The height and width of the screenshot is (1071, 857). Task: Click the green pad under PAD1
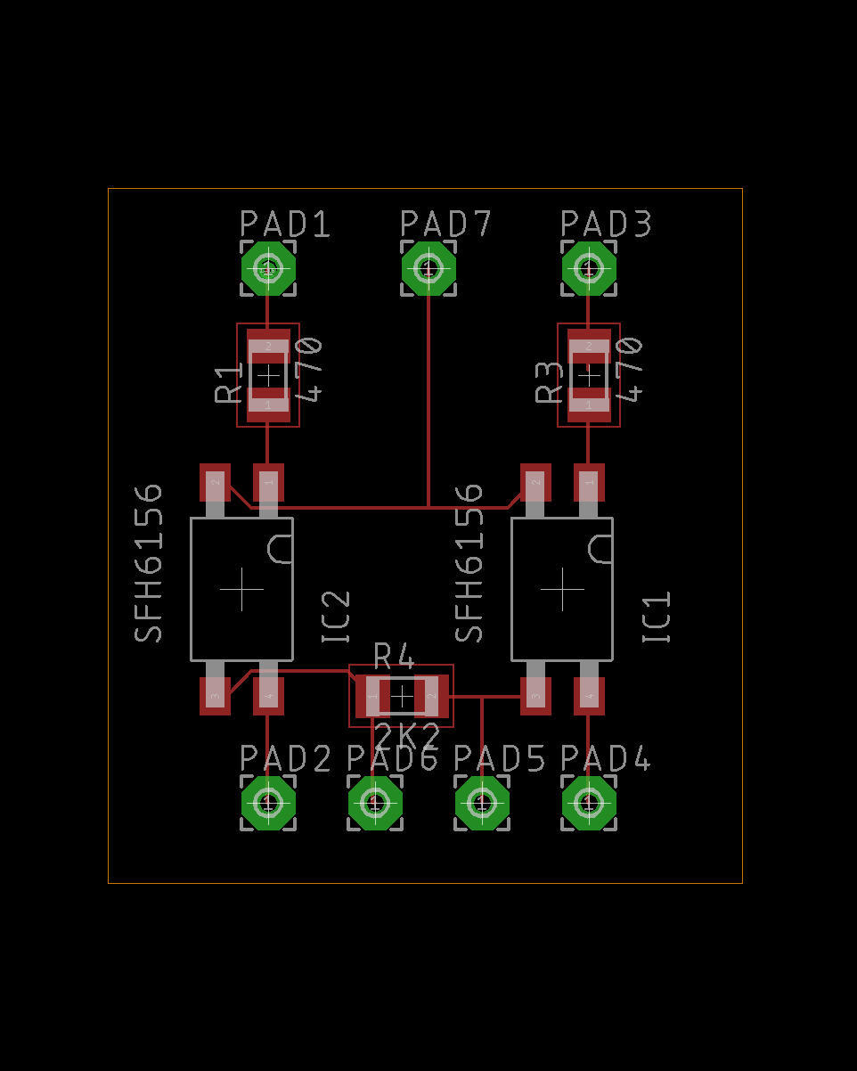tap(268, 268)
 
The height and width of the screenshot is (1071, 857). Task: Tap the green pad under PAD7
tap(428, 268)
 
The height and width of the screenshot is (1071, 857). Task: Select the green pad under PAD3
tap(589, 268)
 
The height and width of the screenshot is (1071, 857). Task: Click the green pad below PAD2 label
tap(268, 803)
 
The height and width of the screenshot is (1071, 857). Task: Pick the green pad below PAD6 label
tap(375, 803)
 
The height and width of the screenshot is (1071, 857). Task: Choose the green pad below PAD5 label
tap(482, 803)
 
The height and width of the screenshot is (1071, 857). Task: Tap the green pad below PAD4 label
tap(589, 803)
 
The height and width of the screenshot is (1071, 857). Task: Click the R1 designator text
tap(229, 383)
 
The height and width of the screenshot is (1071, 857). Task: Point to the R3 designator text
tap(550, 383)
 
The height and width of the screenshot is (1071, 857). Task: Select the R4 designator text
tap(394, 657)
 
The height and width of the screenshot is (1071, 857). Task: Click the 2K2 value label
tap(407, 738)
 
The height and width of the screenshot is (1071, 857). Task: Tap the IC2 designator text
tap(337, 617)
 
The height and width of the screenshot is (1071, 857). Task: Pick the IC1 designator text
tap(657, 617)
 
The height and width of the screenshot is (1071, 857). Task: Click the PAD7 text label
tap(445, 224)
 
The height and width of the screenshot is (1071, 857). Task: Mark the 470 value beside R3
tap(629, 369)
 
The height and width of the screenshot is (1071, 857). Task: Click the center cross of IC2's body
tap(241, 589)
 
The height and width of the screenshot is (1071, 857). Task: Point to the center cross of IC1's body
tap(562, 589)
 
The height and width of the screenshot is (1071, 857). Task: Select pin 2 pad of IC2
tap(215, 483)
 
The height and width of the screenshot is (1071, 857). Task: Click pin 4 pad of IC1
tap(589, 696)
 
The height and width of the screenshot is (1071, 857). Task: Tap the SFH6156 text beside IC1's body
tap(469, 563)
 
